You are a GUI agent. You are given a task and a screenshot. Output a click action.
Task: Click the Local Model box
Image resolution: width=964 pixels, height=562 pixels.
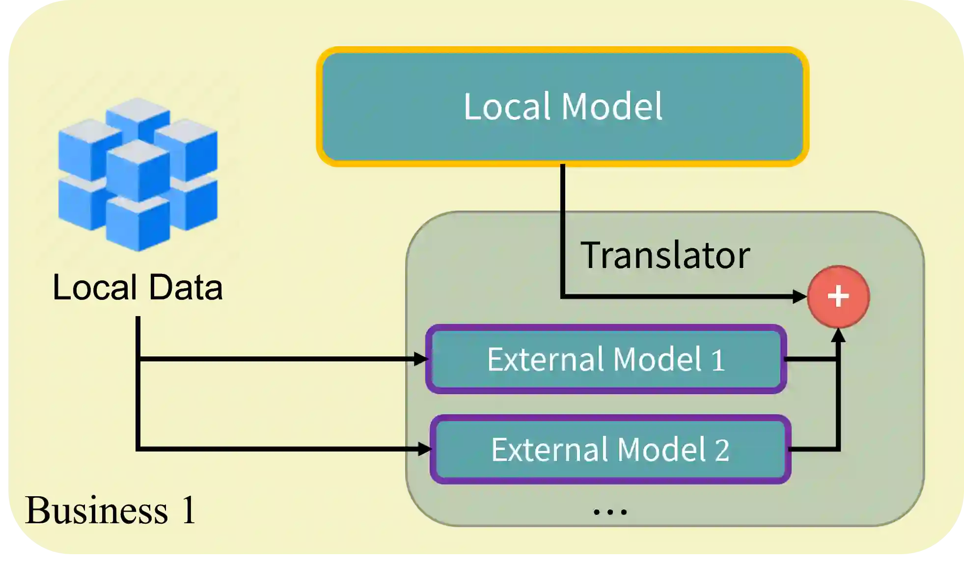(x=563, y=107)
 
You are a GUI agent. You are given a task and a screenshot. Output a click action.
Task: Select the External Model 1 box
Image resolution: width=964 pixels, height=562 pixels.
(x=606, y=359)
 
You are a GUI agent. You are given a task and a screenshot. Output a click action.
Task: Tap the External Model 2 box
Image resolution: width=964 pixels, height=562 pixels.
(x=610, y=449)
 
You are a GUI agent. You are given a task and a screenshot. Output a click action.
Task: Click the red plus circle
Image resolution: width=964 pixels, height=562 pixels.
(x=838, y=296)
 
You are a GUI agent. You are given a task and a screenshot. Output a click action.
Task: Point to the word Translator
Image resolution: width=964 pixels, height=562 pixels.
(x=665, y=255)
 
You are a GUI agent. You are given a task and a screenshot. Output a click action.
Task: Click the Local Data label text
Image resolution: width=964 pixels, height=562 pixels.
(x=138, y=287)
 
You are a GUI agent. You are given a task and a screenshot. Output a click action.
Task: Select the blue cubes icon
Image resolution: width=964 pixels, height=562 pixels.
(x=138, y=174)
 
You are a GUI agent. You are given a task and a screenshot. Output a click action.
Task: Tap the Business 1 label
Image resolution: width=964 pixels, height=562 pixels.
(x=110, y=510)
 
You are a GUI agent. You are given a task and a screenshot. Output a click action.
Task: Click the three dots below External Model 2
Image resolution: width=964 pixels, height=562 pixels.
(x=610, y=511)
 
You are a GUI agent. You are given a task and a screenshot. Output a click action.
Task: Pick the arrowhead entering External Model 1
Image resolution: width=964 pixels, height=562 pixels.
(x=421, y=359)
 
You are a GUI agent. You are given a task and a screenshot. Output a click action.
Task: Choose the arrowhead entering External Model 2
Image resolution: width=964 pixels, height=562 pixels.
(x=424, y=449)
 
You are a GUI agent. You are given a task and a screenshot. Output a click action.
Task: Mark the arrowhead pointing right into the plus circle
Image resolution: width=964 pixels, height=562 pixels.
(x=799, y=296)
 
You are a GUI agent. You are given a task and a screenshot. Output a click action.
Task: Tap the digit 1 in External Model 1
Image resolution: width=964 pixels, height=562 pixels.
(x=718, y=360)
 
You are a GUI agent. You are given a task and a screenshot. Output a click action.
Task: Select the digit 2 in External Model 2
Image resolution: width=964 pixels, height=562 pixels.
(x=721, y=450)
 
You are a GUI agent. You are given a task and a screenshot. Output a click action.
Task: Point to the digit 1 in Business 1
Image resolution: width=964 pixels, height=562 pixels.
(x=189, y=510)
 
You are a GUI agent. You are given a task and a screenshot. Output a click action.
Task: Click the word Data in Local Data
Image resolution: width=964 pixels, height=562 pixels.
(x=186, y=287)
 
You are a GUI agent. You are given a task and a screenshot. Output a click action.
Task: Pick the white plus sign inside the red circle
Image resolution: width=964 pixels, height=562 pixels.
(x=838, y=296)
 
